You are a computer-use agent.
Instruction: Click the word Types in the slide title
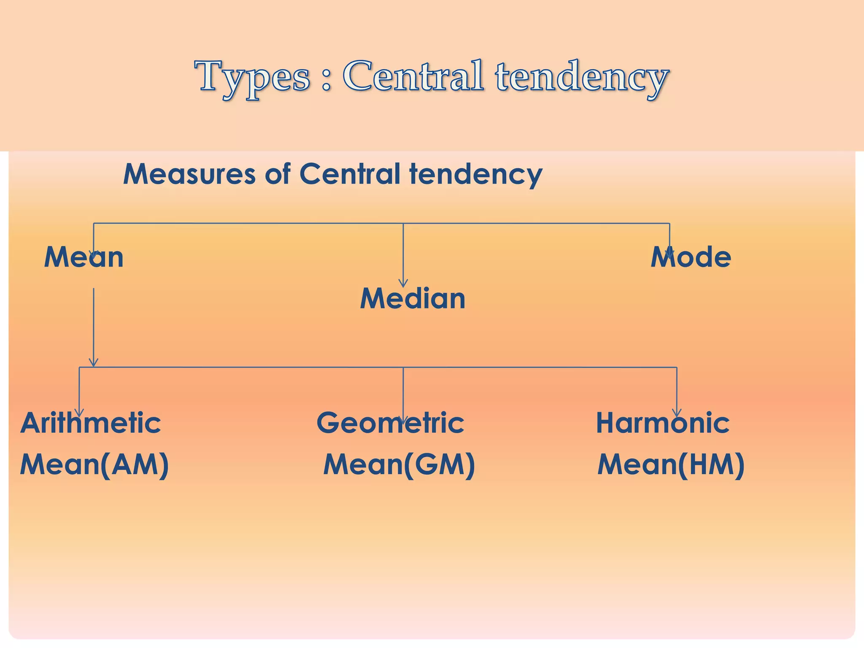252,77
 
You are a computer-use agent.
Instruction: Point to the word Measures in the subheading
189,174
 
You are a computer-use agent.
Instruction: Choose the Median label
413,298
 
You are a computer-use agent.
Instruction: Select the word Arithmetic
91,423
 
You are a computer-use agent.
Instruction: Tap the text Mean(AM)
94,464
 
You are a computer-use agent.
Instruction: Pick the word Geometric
390,423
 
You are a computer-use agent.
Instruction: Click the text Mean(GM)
399,464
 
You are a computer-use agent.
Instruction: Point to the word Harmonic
663,423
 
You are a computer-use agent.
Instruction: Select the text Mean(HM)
671,464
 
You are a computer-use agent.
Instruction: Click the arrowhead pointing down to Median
403,283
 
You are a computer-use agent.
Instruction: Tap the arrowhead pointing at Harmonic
677,413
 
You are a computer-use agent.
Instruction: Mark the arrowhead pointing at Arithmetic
79,413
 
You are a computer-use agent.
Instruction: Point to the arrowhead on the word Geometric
403,420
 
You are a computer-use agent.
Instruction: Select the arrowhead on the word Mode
670,253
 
